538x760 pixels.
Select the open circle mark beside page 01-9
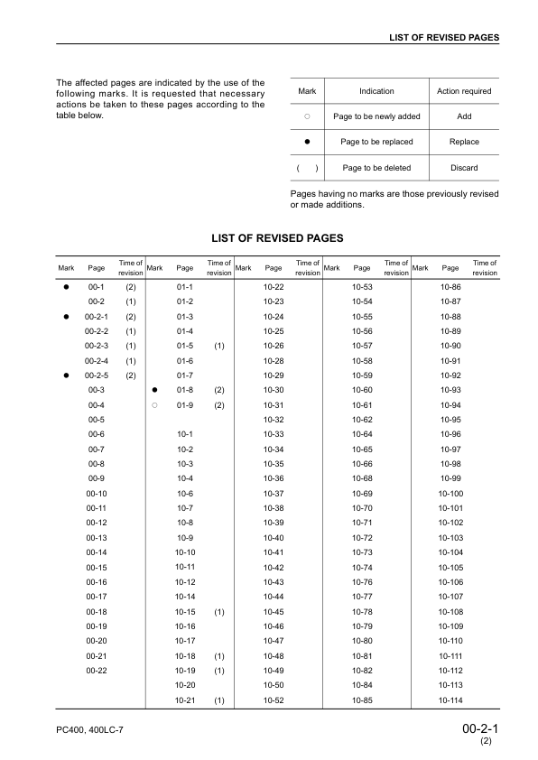click(155, 404)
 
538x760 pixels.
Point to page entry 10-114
click(450, 700)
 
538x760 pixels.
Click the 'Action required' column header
click(463, 91)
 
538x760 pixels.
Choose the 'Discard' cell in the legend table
click(463, 168)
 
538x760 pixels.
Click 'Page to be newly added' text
click(376, 116)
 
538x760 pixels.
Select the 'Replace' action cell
click(463, 142)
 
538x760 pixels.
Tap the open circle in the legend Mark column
click(307, 116)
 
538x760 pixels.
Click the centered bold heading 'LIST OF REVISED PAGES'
click(277, 238)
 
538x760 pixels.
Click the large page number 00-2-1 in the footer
click(480, 728)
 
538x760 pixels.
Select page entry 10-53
click(362, 286)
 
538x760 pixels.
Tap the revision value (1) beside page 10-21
click(219, 700)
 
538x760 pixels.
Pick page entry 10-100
click(450, 494)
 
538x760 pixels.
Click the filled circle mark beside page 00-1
click(66, 286)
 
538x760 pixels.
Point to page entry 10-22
click(274, 286)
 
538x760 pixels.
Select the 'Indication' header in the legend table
click(376, 91)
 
